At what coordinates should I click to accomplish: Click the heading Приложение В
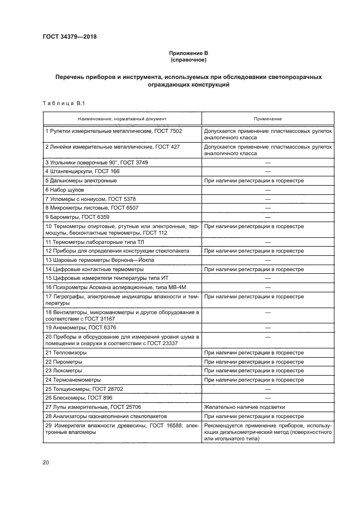(x=188, y=53)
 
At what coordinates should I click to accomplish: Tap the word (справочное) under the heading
(x=188, y=59)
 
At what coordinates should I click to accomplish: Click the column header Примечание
(x=267, y=118)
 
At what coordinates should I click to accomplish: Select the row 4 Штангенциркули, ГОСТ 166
(x=88, y=171)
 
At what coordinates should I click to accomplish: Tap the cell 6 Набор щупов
(x=65, y=189)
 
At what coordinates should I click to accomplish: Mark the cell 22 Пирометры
(x=65, y=361)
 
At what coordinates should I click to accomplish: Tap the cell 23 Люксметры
(x=65, y=370)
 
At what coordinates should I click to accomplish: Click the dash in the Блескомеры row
(x=267, y=397)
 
